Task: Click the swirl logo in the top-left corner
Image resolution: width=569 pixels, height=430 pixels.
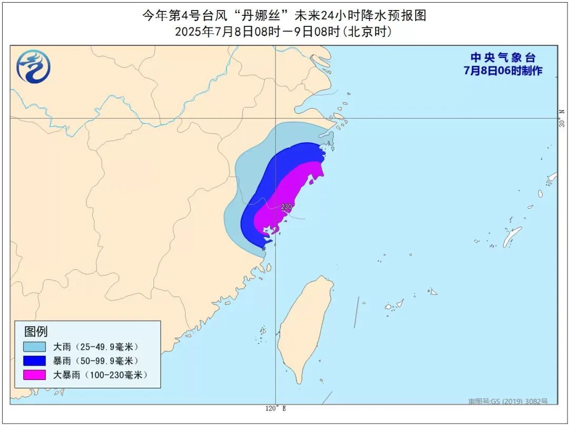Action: click(x=33, y=66)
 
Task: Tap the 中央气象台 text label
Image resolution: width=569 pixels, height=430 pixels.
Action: click(x=503, y=58)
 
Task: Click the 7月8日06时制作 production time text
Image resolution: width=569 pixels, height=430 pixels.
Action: click(x=503, y=71)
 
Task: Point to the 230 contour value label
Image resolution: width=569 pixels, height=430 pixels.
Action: click(x=287, y=207)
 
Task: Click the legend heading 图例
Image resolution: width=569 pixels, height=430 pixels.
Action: click(x=36, y=331)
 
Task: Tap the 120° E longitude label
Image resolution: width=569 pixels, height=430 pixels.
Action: click(x=276, y=408)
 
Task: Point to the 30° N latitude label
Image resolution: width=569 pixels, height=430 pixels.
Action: click(x=562, y=118)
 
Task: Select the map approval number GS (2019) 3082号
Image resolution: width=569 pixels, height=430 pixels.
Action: click(x=508, y=402)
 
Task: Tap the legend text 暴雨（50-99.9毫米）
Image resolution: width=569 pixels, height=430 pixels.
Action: click(x=95, y=361)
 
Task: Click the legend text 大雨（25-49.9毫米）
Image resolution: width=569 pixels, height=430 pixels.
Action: click(x=95, y=347)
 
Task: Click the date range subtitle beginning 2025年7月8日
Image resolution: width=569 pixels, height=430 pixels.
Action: click(x=284, y=32)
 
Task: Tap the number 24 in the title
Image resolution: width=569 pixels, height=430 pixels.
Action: click(x=331, y=16)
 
